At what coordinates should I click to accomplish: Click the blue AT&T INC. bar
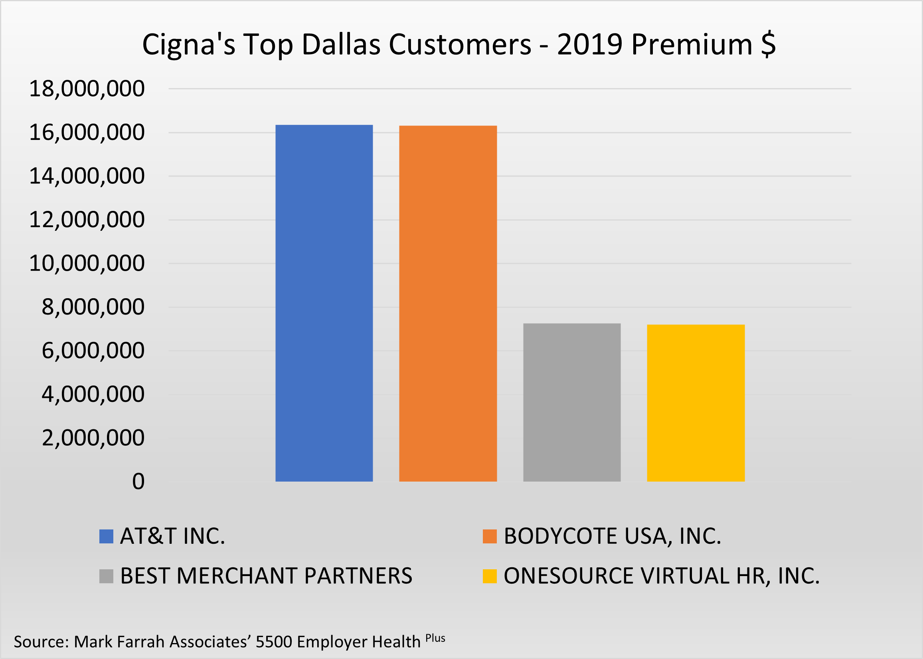pyautogui.click(x=324, y=303)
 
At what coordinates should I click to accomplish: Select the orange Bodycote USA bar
pyautogui.click(x=448, y=303)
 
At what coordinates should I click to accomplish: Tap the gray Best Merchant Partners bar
pyautogui.click(x=572, y=402)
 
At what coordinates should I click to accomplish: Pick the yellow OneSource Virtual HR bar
pyautogui.click(x=696, y=403)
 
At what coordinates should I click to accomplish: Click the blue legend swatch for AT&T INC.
pyautogui.click(x=106, y=537)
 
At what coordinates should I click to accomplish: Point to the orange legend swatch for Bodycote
pyautogui.click(x=489, y=537)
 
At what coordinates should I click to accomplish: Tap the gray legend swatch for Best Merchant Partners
pyautogui.click(x=106, y=576)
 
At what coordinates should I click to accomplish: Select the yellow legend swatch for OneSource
pyautogui.click(x=489, y=576)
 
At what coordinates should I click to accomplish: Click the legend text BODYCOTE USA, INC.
pyautogui.click(x=613, y=537)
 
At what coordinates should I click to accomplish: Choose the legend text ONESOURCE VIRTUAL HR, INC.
pyautogui.click(x=662, y=576)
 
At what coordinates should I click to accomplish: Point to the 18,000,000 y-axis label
pyautogui.click(x=87, y=89)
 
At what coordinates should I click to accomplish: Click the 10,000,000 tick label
pyautogui.click(x=87, y=264)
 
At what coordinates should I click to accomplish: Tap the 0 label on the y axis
pyautogui.click(x=138, y=482)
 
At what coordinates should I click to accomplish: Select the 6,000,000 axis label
pyautogui.click(x=93, y=350)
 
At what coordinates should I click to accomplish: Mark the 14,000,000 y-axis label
pyautogui.click(x=87, y=176)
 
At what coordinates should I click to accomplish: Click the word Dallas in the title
pyautogui.click(x=341, y=44)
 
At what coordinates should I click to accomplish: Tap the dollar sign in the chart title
pyautogui.click(x=768, y=44)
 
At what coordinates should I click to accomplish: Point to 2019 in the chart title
pyautogui.click(x=590, y=44)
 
